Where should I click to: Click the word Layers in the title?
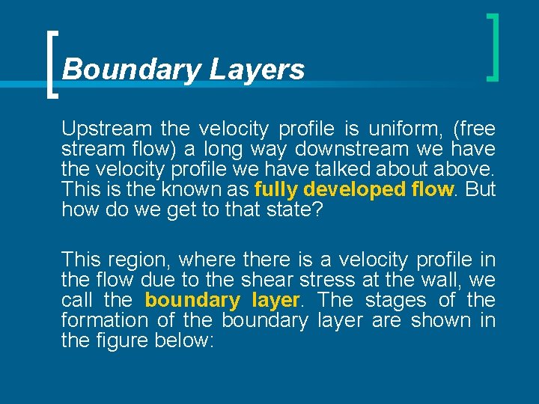point(257,70)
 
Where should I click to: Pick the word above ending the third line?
point(466,169)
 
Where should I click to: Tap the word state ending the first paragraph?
point(293,209)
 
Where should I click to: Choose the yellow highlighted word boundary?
point(190,300)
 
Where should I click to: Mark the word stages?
point(396,300)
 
